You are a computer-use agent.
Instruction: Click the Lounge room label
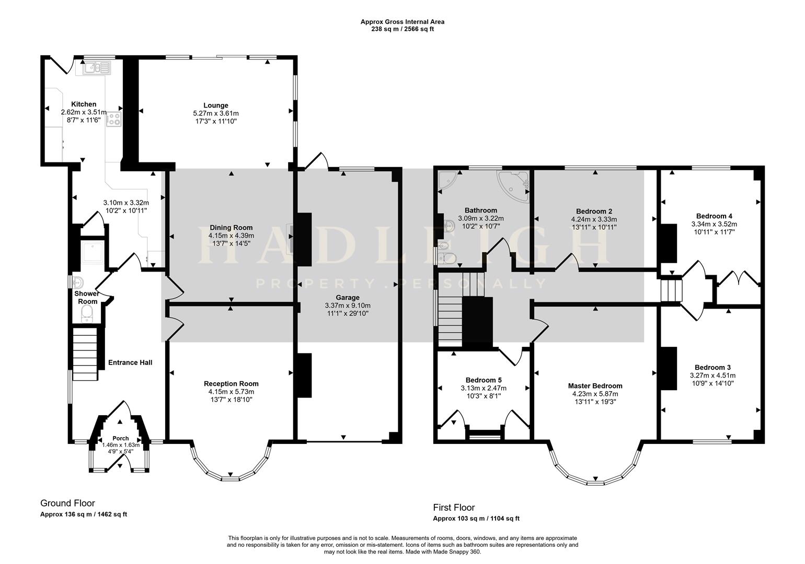tap(215, 105)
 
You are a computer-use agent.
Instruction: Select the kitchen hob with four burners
tap(114, 119)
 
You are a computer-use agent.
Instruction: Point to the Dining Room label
tap(231, 228)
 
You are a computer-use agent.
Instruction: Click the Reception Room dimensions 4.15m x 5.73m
tap(231, 392)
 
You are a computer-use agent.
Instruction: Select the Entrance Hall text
tap(130, 362)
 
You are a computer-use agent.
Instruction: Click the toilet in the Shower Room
tap(87, 313)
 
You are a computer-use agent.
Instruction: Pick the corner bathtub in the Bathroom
tap(514, 183)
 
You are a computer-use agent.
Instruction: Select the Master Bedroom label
tap(595, 386)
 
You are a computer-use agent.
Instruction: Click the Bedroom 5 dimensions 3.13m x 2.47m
tap(483, 388)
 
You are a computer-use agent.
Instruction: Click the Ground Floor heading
tap(67, 503)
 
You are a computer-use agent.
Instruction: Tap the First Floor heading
tap(454, 508)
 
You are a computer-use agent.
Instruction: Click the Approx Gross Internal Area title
tap(402, 22)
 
